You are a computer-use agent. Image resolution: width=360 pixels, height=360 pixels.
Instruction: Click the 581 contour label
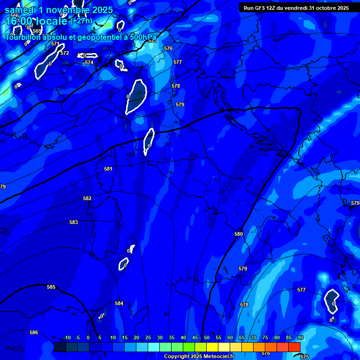tap(108, 169)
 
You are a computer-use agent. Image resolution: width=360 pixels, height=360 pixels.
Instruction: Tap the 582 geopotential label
tap(87, 198)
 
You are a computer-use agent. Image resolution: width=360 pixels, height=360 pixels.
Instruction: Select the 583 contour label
tap(74, 222)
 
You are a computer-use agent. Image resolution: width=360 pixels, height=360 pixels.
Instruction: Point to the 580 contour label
tap(239, 234)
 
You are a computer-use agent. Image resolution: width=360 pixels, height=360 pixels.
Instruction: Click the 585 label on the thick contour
tap(51, 287)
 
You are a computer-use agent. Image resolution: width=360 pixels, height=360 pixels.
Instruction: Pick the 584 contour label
tap(119, 303)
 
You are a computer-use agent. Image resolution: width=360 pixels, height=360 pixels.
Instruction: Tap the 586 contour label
tap(34, 332)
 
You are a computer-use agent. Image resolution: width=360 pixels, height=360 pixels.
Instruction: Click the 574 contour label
tap(89, 62)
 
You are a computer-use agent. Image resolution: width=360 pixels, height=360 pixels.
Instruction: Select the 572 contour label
tap(65, 53)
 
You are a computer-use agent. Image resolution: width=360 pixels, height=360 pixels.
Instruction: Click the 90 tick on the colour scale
tap(300, 337)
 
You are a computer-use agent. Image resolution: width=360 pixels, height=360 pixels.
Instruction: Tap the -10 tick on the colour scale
tap(67, 337)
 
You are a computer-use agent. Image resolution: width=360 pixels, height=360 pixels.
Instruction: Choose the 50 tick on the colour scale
tap(207, 337)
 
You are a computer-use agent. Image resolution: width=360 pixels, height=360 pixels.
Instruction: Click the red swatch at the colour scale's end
tap(294, 347)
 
